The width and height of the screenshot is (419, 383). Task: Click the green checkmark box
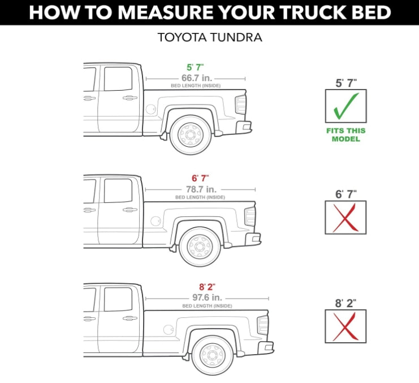pyautogui.click(x=345, y=106)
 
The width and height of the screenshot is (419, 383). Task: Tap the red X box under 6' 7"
pyautogui.click(x=345, y=218)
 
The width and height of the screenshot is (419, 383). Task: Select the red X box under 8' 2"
pyautogui.click(x=345, y=326)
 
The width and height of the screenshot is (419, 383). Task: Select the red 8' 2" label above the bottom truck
pyautogui.click(x=207, y=288)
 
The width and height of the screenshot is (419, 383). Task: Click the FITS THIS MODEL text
pyautogui.click(x=345, y=134)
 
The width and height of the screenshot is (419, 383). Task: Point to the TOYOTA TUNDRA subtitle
pyautogui.click(x=210, y=39)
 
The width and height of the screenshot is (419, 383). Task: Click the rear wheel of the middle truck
pyautogui.click(x=199, y=246)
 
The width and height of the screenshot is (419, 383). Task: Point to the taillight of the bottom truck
pyautogui.click(x=263, y=325)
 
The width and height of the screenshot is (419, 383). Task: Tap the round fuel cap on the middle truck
pyautogui.click(x=155, y=221)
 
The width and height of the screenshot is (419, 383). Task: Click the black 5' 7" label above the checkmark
pyautogui.click(x=345, y=83)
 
